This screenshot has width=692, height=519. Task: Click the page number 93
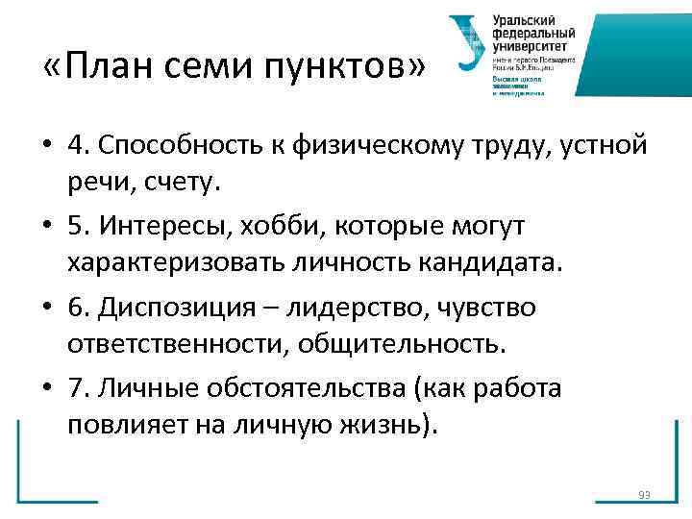[644, 495]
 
